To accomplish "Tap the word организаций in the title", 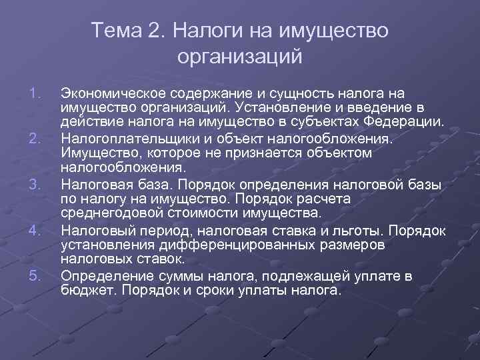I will click(x=240, y=57).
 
